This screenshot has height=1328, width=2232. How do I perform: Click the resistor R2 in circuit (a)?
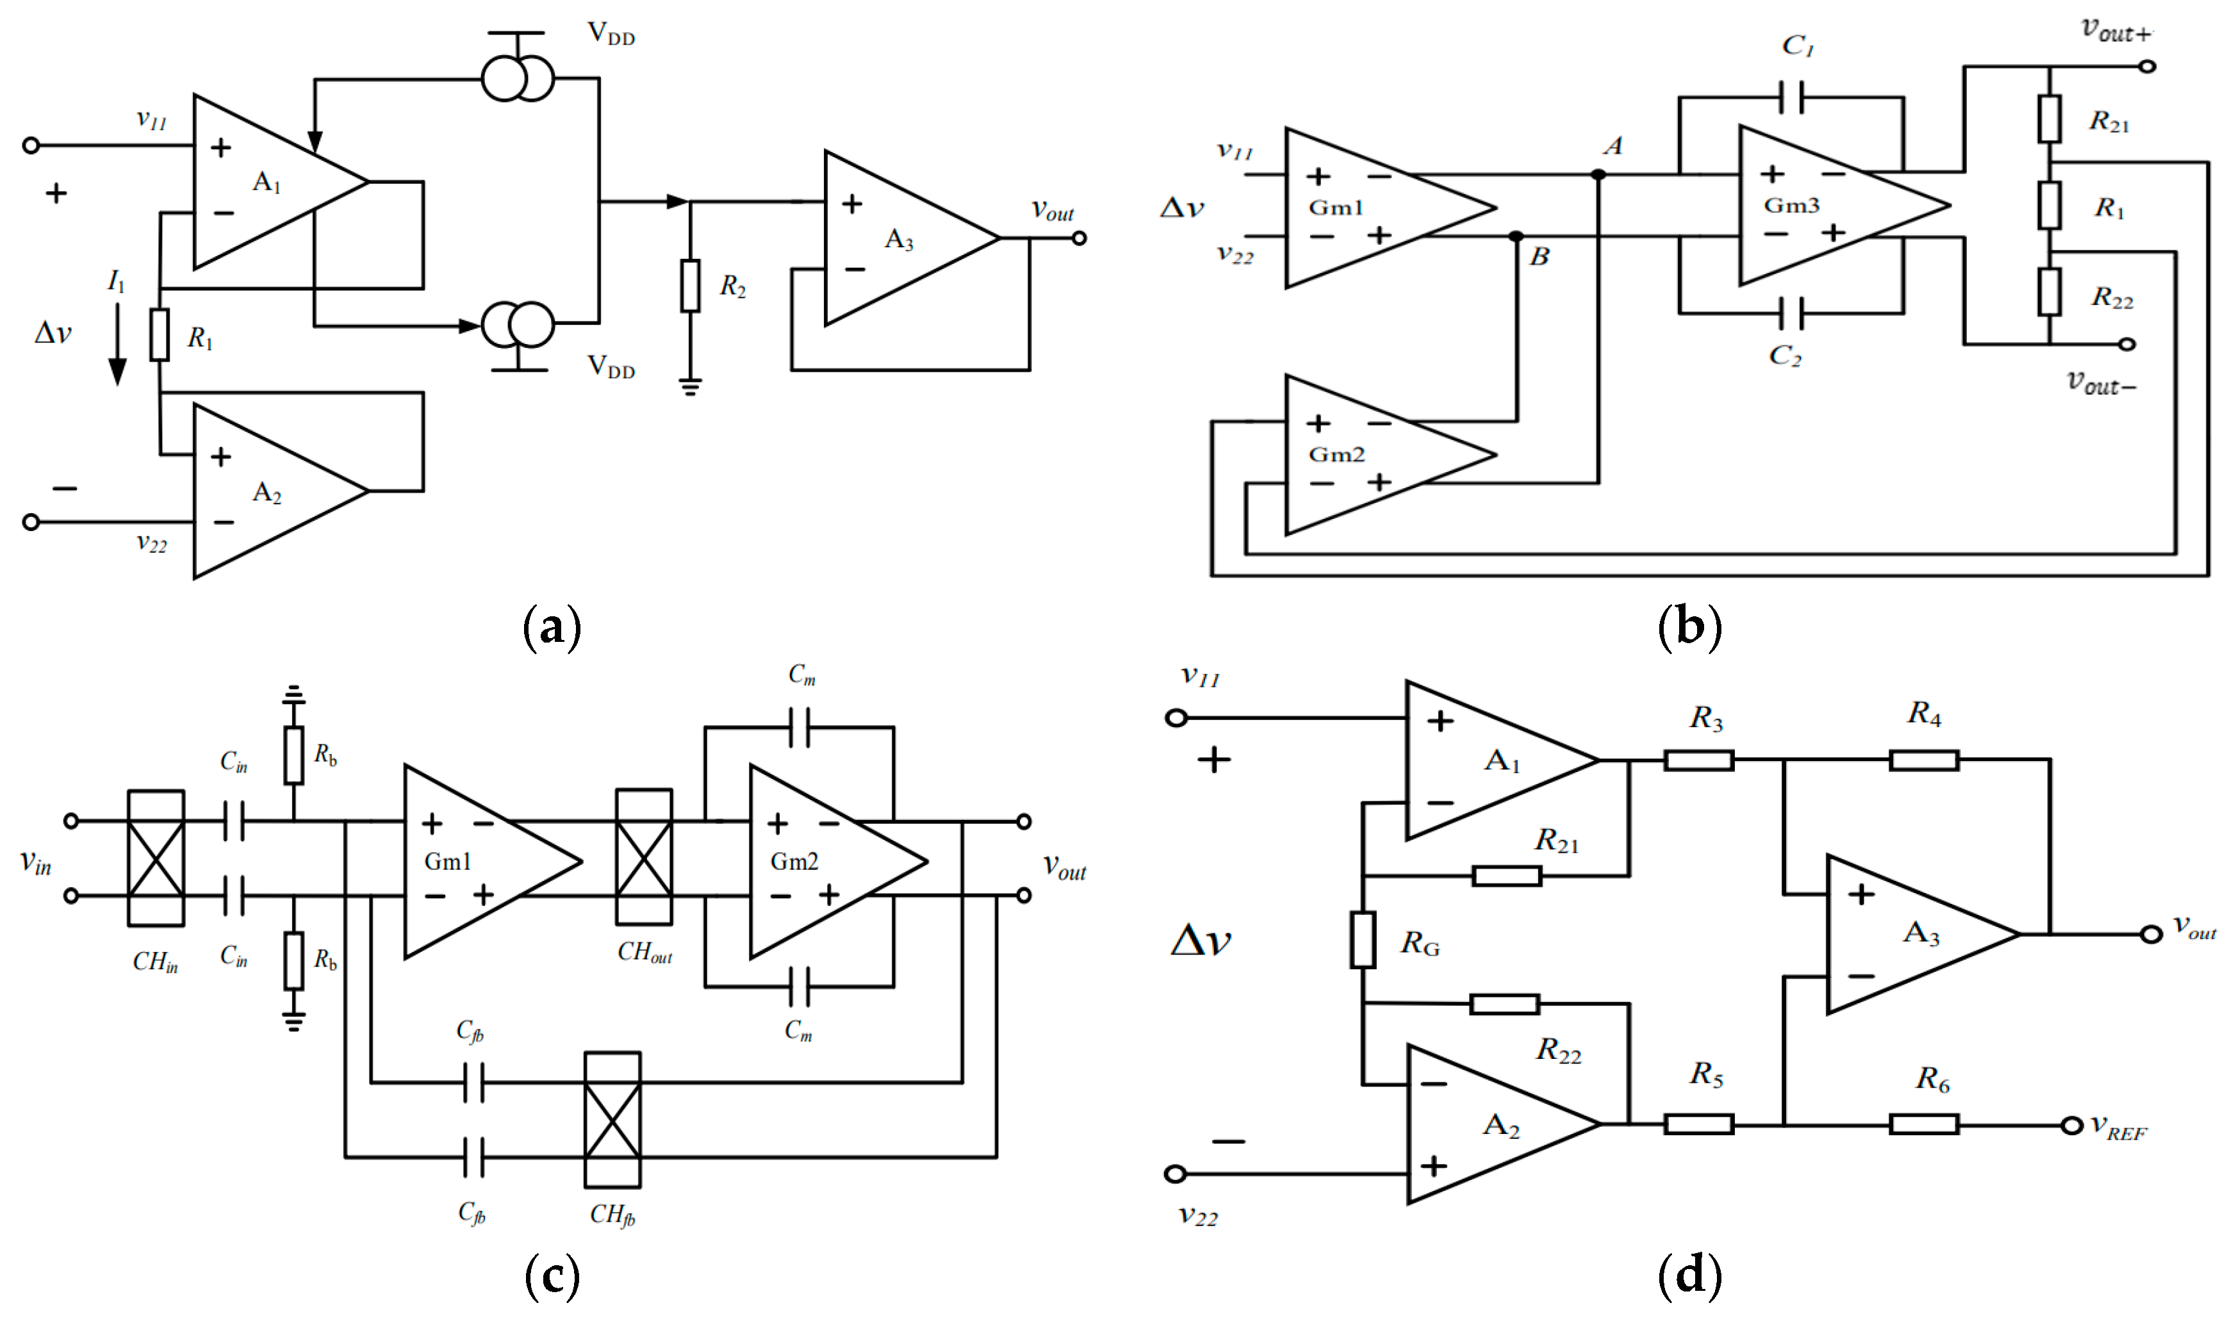pyautogui.click(x=689, y=286)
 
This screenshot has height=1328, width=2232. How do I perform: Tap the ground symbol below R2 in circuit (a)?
pyautogui.click(x=689, y=386)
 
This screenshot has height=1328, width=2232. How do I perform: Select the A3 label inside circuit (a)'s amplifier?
pyautogui.click(x=899, y=239)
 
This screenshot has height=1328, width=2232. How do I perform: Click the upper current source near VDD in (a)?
pyautogui.click(x=517, y=79)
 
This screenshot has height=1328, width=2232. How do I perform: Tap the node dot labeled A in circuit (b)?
pyautogui.click(x=1598, y=174)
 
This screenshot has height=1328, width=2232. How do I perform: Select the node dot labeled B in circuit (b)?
pyautogui.click(x=1516, y=237)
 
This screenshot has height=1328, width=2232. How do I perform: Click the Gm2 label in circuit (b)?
pyautogui.click(x=1336, y=455)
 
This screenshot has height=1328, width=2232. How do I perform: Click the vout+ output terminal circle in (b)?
pyautogui.click(x=2147, y=66)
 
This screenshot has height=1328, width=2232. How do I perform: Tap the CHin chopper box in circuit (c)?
pyautogui.click(x=156, y=857)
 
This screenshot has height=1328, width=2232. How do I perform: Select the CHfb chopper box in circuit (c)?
pyautogui.click(x=612, y=1120)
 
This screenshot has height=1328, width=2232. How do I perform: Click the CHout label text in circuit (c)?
pyautogui.click(x=644, y=952)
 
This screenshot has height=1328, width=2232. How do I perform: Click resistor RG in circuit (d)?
pyautogui.click(x=1362, y=940)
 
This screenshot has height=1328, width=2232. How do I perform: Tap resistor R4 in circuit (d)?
pyautogui.click(x=1923, y=760)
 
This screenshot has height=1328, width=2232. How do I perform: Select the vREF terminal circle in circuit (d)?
pyautogui.click(x=2071, y=1125)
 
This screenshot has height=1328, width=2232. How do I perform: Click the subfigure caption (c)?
pyautogui.click(x=552, y=1275)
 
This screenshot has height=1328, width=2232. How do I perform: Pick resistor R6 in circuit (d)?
pyautogui.click(x=1923, y=1125)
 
